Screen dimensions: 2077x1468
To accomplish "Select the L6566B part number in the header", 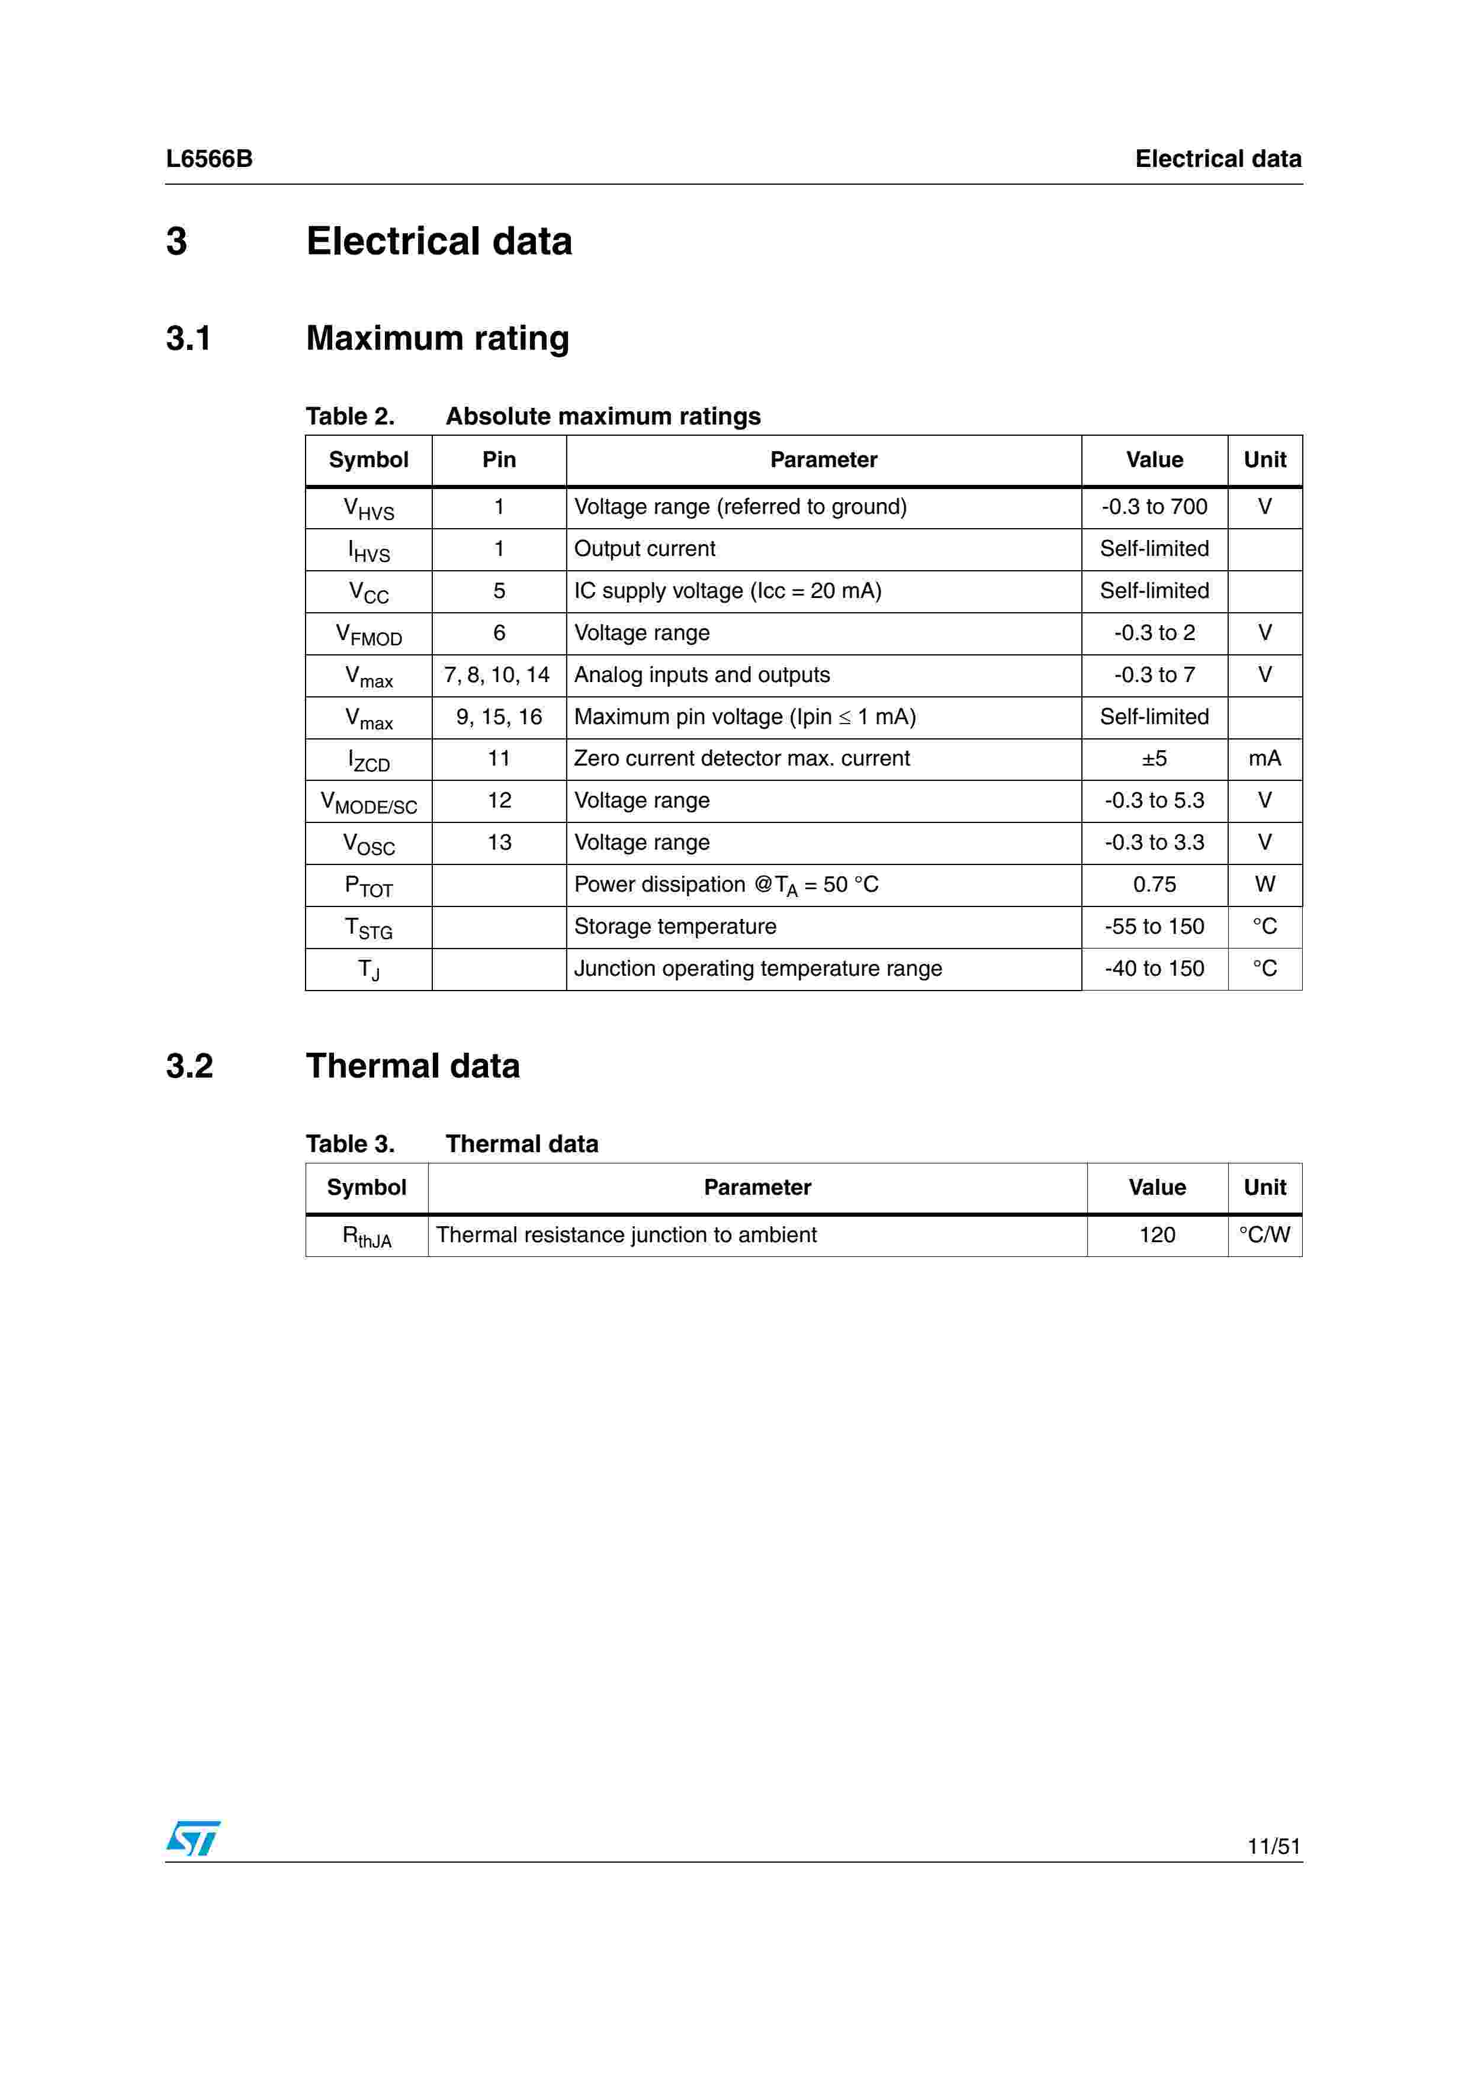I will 209,159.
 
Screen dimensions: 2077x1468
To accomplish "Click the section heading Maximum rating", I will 438,338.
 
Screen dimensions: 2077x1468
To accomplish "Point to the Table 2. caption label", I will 350,416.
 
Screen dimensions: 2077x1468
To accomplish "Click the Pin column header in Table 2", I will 499,459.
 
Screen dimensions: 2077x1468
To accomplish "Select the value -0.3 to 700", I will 1154,507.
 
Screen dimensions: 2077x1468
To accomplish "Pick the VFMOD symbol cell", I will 368,634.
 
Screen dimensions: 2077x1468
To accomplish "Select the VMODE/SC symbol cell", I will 368,802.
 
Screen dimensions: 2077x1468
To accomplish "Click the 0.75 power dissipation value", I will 1154,884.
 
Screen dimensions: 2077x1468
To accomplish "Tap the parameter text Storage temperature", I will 674,927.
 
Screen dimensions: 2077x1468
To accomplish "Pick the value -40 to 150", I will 1154,968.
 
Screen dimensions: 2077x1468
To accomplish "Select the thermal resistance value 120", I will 1157,1235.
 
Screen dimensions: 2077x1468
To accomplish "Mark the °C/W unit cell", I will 1264,1235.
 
